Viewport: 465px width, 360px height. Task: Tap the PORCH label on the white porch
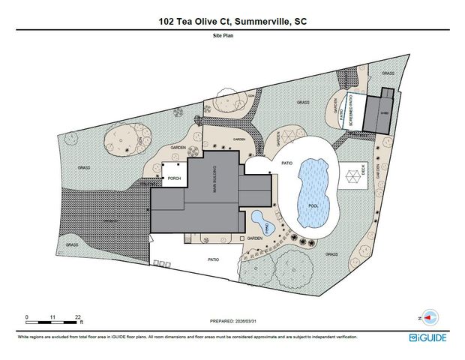tap(175, 178)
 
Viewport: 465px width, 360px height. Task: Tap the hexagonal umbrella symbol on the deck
tap(351, 178)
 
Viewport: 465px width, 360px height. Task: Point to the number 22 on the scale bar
tap(78, 317)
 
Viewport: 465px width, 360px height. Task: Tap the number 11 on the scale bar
tap(52, 317)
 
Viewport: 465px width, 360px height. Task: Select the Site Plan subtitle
tap(232, 35)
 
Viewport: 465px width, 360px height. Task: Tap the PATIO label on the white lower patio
tap(213, 259)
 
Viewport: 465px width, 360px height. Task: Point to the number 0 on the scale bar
tap(27, 317)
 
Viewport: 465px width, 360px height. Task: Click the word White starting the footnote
tap(24, 337)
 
